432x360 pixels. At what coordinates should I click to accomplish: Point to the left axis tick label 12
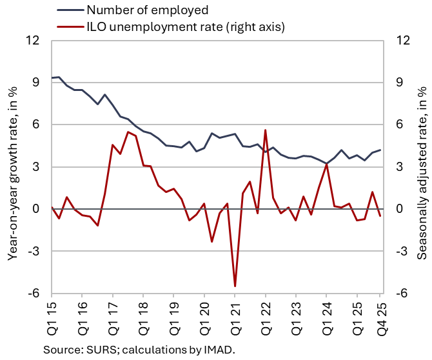(x=33, y=41)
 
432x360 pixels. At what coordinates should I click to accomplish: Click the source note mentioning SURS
(x=140, y=350)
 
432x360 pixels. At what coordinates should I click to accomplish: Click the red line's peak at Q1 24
(x=326, y=164)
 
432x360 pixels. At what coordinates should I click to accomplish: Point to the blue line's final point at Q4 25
(x=380, y=150)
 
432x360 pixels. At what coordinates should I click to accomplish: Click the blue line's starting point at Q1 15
(x=52, y=77)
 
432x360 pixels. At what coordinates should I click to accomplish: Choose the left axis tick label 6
(x=36, y=125)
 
